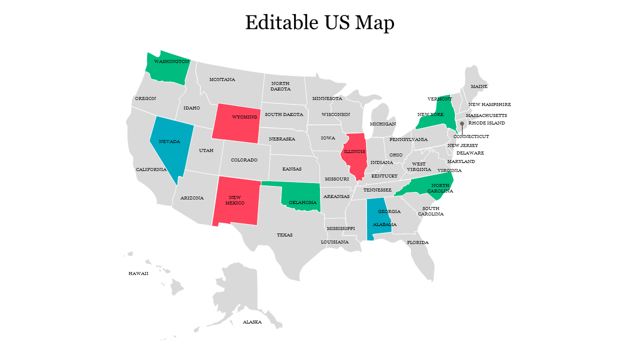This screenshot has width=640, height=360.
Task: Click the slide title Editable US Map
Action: [319, 23]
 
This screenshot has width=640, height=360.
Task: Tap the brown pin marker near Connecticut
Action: [462, 123]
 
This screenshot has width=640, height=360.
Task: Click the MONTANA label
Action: [222, 79]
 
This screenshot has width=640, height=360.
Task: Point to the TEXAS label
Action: [284, 235]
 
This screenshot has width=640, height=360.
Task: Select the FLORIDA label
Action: [417, 242]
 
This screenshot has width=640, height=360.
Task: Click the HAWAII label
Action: [138, 273]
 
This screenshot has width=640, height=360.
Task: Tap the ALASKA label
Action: [252, 322]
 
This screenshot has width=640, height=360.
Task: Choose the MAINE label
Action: [479, 86]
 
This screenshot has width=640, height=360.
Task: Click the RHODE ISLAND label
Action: [486, 123]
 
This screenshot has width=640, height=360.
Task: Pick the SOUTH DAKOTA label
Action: [284, 114]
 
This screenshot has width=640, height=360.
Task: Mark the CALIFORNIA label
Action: [151, 169]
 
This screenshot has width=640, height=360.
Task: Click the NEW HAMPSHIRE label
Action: [489, 104]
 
